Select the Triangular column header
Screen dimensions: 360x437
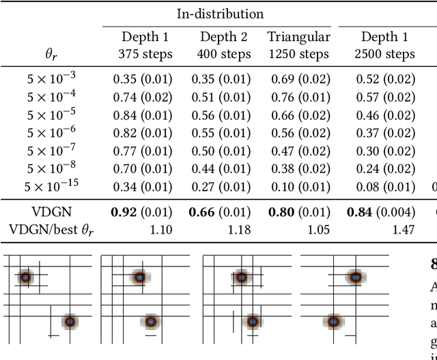pyautogui.click(x=298, y=37)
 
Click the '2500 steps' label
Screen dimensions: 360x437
pyautogui.click(x=385, y=53)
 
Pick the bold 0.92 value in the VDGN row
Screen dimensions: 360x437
pyautogui.click(x=130, y=212)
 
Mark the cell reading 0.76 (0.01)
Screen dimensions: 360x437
pyautogui.click(x=299, y=96)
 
